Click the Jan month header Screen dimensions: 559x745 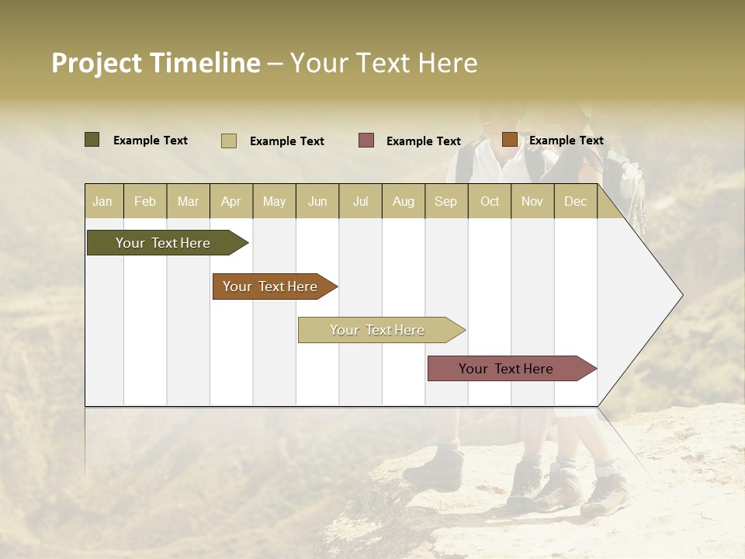(x=102, y=201)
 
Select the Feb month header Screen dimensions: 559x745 (x=145, y=201)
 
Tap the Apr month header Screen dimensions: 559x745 (x=230, y=201)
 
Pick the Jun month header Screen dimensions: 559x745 (x=317, y=201)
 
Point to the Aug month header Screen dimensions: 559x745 (x=403, y=201)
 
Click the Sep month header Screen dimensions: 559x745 (x=445, y=201)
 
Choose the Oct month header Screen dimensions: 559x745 (x=490, y=201)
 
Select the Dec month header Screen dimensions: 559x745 (x=575, y=201)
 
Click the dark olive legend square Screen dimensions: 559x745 (x=92, y=140)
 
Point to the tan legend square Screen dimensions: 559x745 (x=229, y=141)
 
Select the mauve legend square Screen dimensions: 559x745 (x=366, y=141)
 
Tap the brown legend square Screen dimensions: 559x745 (x=509, y=140)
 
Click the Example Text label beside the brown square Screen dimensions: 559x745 (x=566, y=140)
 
